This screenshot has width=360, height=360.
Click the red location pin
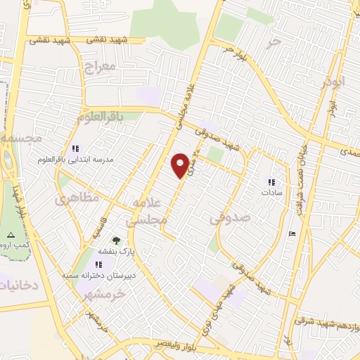coord(181,165)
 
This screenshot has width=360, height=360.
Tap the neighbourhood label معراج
coord(98,69)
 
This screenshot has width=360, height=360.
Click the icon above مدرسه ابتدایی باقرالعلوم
coord(76,148)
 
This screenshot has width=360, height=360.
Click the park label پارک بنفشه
coord(116,251)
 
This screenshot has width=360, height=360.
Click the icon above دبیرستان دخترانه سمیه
coord(99,264)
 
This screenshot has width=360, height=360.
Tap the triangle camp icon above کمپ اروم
coord(10,234)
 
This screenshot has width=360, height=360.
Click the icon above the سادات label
coord(271,182)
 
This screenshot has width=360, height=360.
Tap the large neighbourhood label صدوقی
coord(230,219)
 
